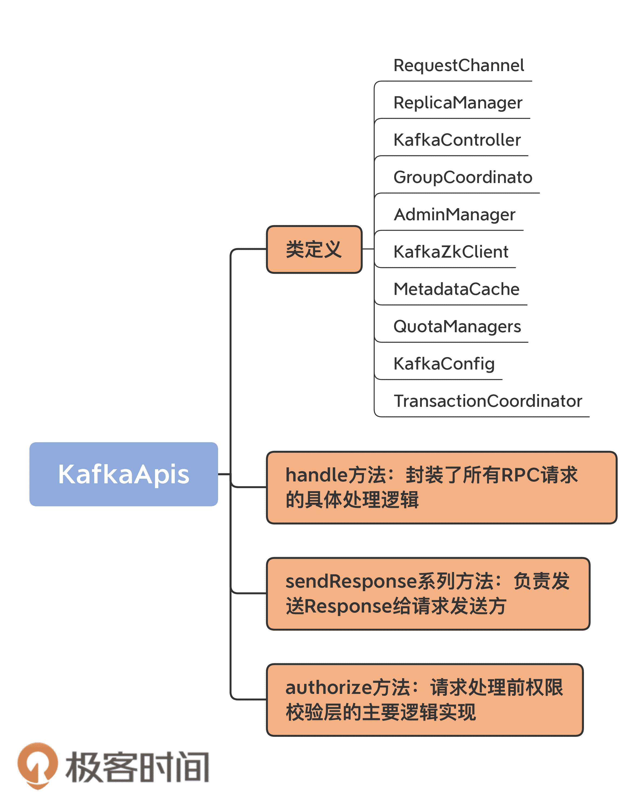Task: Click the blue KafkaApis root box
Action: (x=124, y=474)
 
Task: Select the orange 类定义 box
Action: (x=314, y=249)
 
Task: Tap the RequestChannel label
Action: (x=458, y=65)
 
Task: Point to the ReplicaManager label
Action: (x=458, y=103)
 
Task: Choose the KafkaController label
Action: (x=457, y=140)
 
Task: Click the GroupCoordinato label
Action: (x=463, y=177)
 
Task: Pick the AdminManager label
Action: (x=454, y=215)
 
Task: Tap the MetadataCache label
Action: (x=456, y=289)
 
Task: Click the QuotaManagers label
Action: (x=457, y=327)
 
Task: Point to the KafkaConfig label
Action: (x=444, y=364)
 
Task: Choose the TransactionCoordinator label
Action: (x=488, y=401)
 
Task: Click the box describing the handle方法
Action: (x=441, y=487)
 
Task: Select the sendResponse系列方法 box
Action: (x=428, y=594)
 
